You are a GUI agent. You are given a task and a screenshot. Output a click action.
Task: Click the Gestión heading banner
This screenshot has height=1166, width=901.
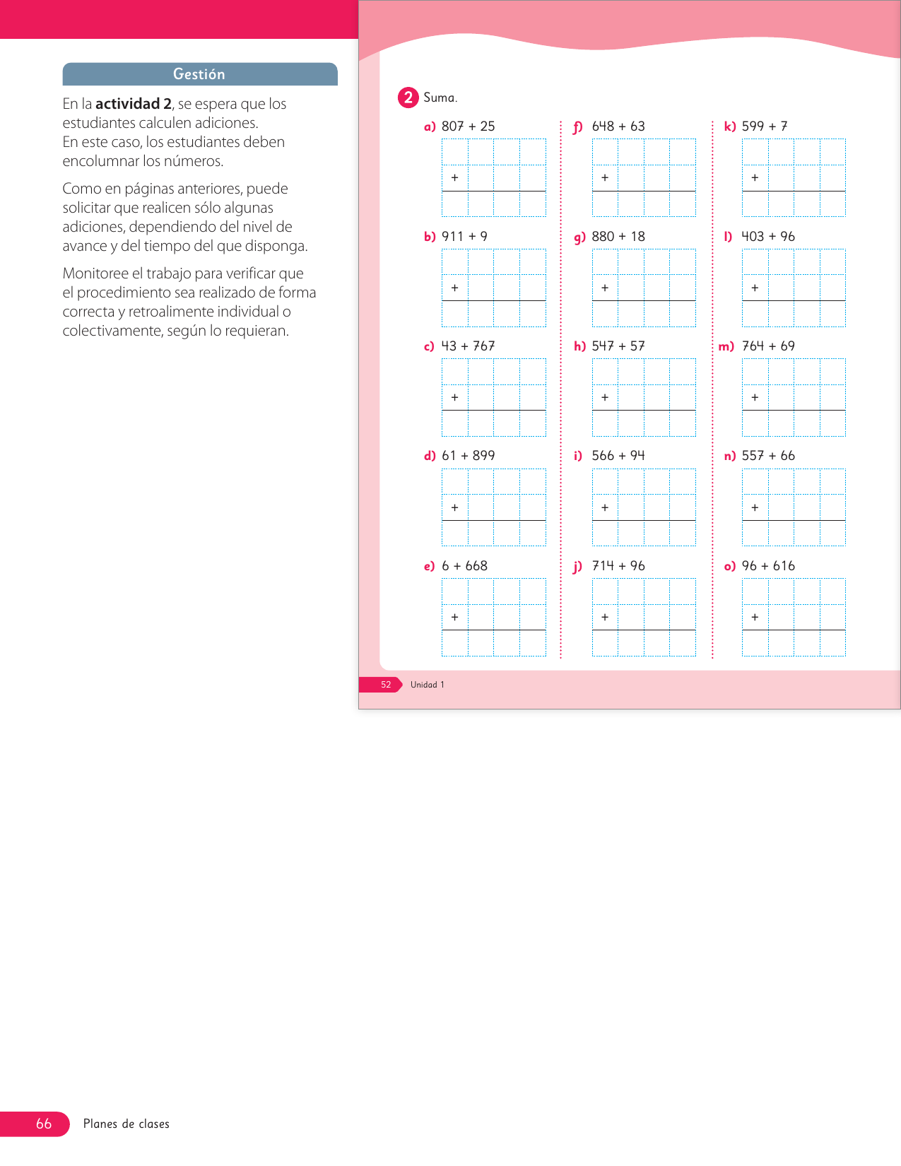point(199,74)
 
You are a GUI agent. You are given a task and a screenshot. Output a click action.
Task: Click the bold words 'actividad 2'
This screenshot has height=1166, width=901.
point(134,104)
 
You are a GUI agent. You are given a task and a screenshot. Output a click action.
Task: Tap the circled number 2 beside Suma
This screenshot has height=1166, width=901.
point(408,98)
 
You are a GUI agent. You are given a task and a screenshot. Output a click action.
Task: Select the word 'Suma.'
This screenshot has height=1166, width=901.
point(440,98)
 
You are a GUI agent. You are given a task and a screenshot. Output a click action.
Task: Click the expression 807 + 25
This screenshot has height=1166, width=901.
point(468,126)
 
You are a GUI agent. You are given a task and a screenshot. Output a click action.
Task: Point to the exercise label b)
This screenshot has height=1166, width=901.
point(430,237)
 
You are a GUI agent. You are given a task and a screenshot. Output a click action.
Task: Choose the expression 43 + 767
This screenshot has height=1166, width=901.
point(468,346)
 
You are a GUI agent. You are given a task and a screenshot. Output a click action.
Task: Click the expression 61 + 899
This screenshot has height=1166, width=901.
point(468,456)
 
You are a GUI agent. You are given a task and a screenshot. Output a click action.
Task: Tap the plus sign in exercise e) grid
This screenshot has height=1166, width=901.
point(454,617)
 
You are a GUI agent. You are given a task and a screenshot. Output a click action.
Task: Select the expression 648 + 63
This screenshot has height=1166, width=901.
point(618,126)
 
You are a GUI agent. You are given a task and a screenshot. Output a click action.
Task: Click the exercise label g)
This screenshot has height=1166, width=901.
point(579,237)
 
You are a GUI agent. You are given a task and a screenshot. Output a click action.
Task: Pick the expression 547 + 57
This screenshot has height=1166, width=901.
point(618,346)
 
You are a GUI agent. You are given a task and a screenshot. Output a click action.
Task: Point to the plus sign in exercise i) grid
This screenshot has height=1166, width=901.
point(605,507)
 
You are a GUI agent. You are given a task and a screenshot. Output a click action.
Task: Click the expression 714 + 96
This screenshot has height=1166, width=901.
point(618,566)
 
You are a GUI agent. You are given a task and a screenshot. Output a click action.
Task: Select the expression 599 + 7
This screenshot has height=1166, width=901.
point(765,126)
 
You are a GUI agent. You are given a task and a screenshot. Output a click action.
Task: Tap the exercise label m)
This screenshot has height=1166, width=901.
point(726,346)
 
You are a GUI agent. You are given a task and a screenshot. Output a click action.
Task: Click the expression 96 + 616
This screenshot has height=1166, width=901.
point(768,566)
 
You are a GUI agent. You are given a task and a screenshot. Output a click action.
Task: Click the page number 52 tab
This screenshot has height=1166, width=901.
point(386,685)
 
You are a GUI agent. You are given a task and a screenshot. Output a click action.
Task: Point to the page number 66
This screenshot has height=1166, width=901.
point(44,1124)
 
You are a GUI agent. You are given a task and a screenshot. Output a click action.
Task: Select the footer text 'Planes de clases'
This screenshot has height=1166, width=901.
point(126,1124)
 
